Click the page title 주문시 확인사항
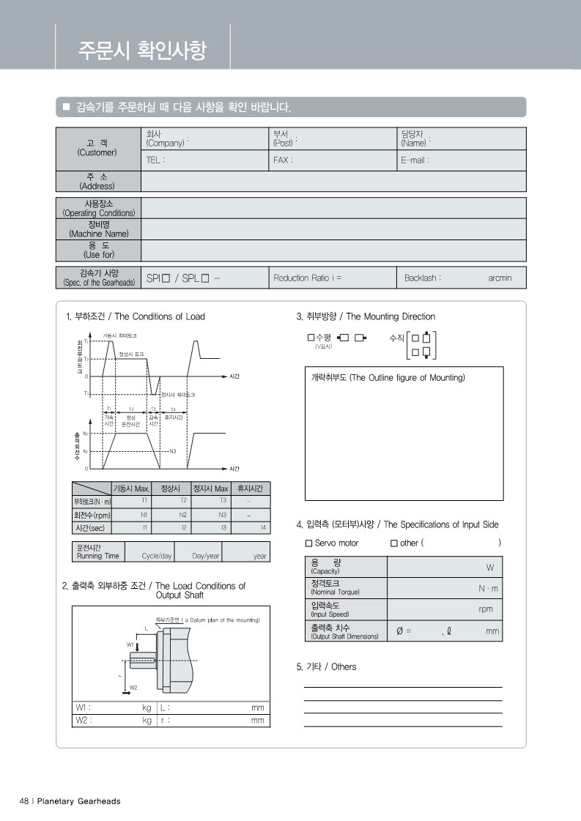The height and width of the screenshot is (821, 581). [142, 50]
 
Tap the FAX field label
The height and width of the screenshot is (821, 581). [283, 160]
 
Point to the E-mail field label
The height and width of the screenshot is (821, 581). [415, 160]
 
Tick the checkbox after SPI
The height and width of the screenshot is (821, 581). [166, 278]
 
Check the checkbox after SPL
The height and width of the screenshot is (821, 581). [205, 278]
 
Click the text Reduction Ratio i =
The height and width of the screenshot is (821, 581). [307, 278]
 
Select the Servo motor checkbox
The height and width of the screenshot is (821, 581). [308, 543]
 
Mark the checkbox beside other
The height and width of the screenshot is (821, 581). [394, 543]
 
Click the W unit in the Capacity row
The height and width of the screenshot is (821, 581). [489, 568]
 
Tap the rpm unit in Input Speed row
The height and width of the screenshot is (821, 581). [486, 609]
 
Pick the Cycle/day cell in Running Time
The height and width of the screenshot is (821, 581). [156, 556]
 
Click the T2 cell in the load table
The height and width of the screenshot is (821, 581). [183, 500]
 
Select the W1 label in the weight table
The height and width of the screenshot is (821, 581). [82, 708]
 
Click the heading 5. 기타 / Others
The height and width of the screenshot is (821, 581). [326, 667]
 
